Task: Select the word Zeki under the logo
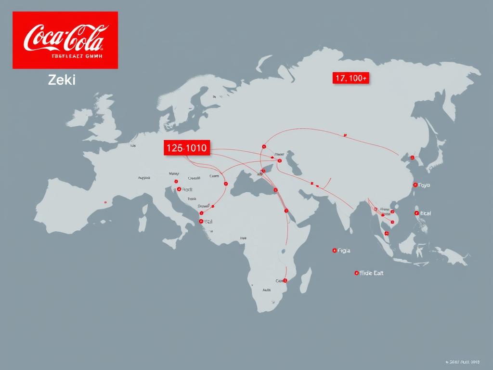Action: pyautogui.click(x=62, y=80)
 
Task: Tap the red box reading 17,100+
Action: pyautogui.click(x=350, y=79)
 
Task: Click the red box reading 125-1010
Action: pyautogui.click(x=186, y=148)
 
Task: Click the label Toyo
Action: pyautogui.click(x=424, y=185)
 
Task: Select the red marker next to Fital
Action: pyautogui.click(x=416, y=213)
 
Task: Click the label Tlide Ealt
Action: pyautogui.click(x=372, y=273)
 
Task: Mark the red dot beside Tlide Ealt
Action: pyautogui.click(x=356, y=273)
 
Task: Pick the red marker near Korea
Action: pyautogui.click(x=412, y=158)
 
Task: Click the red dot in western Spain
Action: pyautogui.click(x=105, y=202)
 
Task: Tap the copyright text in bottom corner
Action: pyautogui.click(x=463, y=361)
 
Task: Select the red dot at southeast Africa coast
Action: pyautogui.click(x=285, y=280)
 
